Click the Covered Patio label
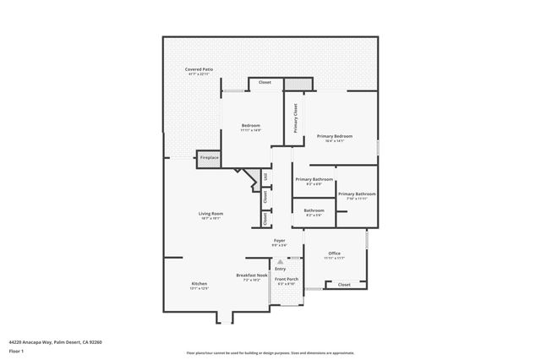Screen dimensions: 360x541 pyautogui.click(x=199, y=71)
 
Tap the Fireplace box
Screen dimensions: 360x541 pyautogui.click(x=209, y=157)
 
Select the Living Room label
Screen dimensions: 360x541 pyautogui.click(x=211, y=215)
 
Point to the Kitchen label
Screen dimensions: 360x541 pyautogui.click(x=199, y=285)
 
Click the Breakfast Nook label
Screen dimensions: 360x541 pyautogui.click(x=251, y=276)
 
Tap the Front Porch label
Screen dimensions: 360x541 pyautogui.click(x=287, y=281)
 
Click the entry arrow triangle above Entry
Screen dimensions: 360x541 pyautogui.click(x=280, y=262)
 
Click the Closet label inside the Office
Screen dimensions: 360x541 pyautogui.click(x=344, y=285)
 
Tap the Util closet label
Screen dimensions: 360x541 pyautogui.click(x=265, y=177)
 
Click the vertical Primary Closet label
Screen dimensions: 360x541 pyautogui.click(x=295, y=118)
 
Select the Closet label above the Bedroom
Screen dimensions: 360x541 pyautogui.click(x=265, y=82)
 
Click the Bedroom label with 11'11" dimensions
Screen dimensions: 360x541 pyautogui.click(x=250, y=128)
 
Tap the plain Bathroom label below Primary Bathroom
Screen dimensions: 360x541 pyautogui.click(x=314, y=212)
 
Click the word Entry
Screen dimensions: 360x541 pyautogui.click(x=280, y=269)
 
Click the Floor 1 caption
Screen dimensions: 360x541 pyautogui.click(x=17, y=351)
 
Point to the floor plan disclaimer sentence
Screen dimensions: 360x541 pyautogui.click(x=270, y=352)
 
